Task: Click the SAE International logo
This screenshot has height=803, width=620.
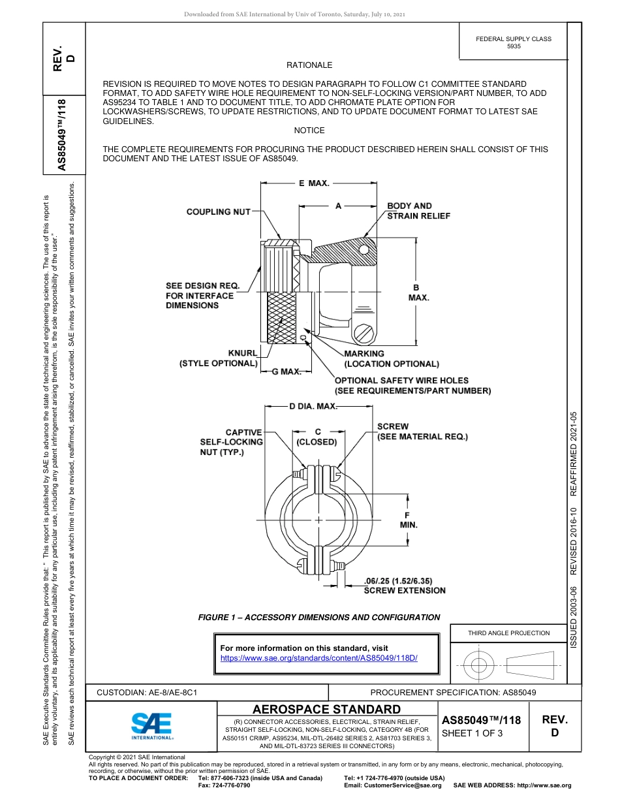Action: [151, 725]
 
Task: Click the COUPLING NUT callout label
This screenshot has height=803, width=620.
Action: [218, 212]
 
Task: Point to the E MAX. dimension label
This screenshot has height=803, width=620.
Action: [313, 183]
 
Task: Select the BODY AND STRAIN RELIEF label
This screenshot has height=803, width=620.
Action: [418, 211]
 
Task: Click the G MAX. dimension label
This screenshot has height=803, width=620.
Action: [286, 372]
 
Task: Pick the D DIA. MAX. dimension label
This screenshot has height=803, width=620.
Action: [313, 407]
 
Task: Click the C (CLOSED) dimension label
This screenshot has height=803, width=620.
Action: [317, 437]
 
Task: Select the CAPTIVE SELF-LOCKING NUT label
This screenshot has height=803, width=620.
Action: [232, 442]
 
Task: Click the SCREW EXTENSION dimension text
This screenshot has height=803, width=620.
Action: [404, 586]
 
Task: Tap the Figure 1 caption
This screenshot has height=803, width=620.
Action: [318, 617]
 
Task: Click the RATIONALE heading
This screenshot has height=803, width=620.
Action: [309, 65]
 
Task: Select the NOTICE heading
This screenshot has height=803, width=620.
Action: [309, 131]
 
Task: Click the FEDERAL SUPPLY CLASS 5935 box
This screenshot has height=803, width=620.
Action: [513, 42]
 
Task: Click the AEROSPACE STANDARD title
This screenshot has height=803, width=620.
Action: [326, 710]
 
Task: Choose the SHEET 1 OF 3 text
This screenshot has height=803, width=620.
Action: [473, 732]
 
